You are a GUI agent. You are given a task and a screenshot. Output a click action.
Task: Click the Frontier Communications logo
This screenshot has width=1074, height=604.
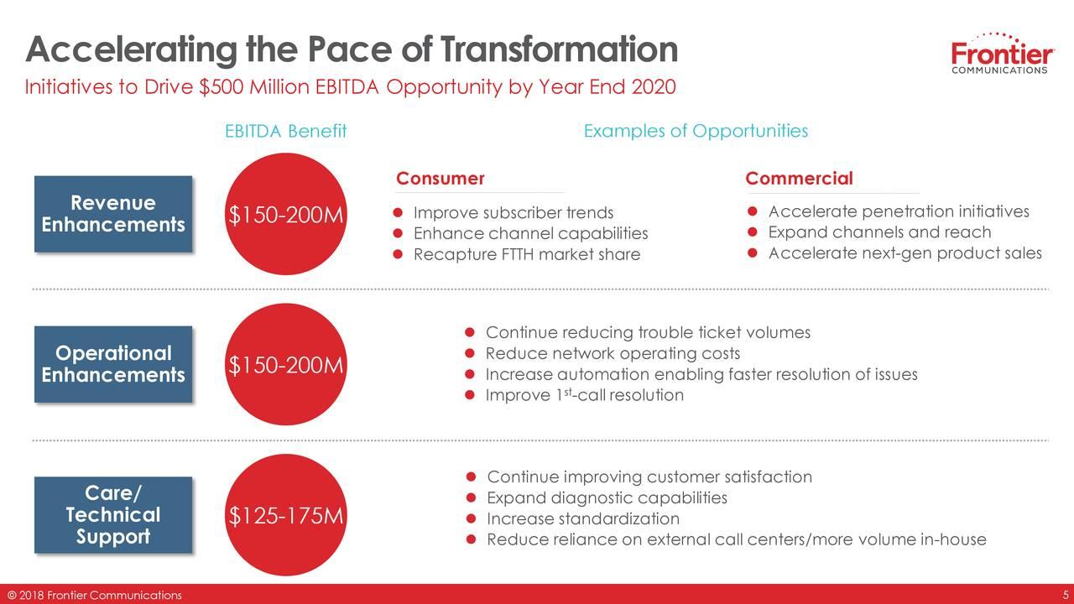tap(1002, 53)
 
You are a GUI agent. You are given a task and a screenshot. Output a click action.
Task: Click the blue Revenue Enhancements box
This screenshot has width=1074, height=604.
tap(113, 214)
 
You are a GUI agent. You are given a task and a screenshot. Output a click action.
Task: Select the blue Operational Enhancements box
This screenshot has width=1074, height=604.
tap(113, 364)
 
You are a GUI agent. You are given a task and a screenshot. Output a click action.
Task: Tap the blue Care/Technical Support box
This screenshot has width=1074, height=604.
tap(113, 515)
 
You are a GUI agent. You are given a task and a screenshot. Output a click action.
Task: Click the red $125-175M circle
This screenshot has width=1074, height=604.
tap(286, 515)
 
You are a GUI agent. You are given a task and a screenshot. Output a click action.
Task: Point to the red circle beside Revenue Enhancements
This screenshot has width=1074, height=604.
tap(286, 214)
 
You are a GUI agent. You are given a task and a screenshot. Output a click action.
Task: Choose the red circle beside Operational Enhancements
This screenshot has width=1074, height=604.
tap(286, 364)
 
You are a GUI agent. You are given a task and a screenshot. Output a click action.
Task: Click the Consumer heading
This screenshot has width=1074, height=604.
tap(441, 179)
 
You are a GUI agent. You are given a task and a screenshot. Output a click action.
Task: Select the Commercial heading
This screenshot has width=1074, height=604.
tap(799, 179)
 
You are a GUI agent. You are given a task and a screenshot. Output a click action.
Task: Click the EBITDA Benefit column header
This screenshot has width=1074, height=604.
tap(286, 131)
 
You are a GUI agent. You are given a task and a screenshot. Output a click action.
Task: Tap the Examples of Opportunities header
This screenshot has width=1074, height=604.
tap(696, 131)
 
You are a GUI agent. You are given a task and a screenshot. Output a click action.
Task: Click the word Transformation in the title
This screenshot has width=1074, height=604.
tap(559, 49)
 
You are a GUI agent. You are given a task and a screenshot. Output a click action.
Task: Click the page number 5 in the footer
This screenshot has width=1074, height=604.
tap(1066, 596)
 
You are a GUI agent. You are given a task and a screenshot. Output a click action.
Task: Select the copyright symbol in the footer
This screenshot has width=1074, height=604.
tap(12, 596)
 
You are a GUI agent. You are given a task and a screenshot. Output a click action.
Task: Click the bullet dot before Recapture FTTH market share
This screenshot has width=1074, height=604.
tap(398, 254)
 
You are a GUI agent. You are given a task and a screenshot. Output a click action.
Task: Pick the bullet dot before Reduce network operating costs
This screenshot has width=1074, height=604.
tap(470, 353)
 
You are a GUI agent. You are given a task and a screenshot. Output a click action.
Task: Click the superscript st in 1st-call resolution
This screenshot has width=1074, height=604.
tap(568, 392)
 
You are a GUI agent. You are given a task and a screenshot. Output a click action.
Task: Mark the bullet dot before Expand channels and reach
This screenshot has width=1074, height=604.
tap(753, 232)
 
